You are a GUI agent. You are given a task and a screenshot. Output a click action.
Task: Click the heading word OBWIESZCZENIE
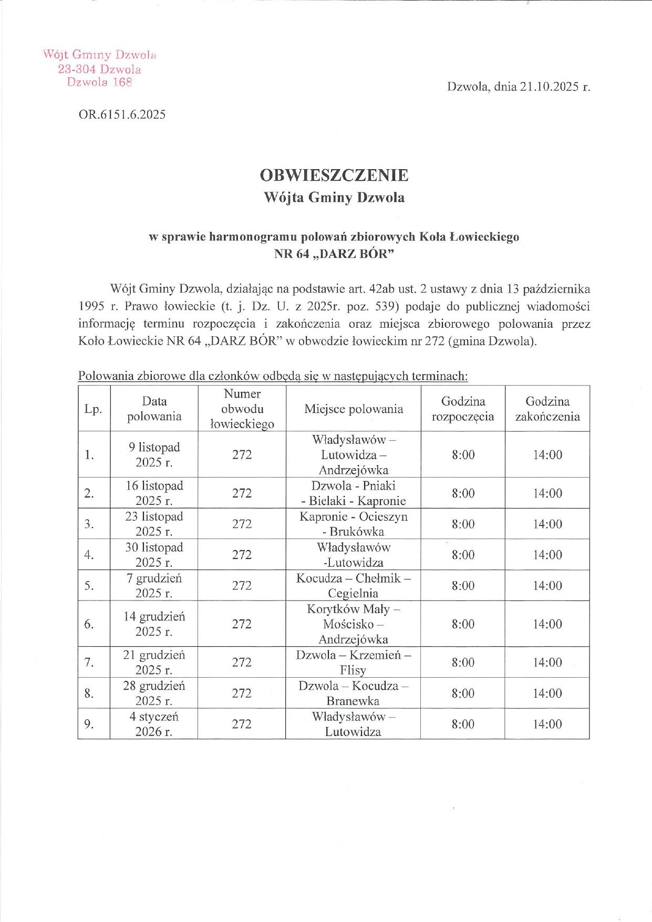coord(334,175)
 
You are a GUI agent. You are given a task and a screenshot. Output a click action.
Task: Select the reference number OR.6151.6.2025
coord(122,115)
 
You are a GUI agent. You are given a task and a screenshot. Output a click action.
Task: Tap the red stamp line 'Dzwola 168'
coord(99,82)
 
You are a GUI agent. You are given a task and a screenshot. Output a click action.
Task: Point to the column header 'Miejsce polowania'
coord(353,409)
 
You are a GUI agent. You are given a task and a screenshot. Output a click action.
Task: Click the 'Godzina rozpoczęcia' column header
coord(462,409)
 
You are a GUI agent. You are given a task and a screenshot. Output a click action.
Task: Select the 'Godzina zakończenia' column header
coord(547,409)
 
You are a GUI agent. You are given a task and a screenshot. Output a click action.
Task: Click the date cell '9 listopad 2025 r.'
coord(154,454)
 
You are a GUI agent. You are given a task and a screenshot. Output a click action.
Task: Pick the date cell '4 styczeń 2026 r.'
coord(154,724)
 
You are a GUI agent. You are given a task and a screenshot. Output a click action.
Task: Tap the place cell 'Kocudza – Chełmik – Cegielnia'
coord(353,585)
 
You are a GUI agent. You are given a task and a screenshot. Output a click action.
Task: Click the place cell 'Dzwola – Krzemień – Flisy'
coord(353,662)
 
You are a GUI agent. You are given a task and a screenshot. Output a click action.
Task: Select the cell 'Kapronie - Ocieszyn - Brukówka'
coord(353,524)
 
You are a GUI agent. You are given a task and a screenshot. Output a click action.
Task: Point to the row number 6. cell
coord(89,624)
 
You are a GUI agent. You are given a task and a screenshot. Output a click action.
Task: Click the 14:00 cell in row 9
coord(547,724)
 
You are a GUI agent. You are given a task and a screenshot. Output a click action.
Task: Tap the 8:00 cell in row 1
coord(462,454)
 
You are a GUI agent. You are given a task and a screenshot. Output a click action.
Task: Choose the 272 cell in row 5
coord(242,585)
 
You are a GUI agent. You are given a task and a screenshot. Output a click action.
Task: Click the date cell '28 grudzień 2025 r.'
coord(154,693)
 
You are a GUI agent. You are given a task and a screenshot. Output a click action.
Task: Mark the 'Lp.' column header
coord(93,409)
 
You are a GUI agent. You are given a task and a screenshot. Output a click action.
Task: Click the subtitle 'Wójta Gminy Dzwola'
coord(334,198)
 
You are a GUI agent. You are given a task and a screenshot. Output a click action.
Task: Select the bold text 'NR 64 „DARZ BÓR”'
coord(334,254)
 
